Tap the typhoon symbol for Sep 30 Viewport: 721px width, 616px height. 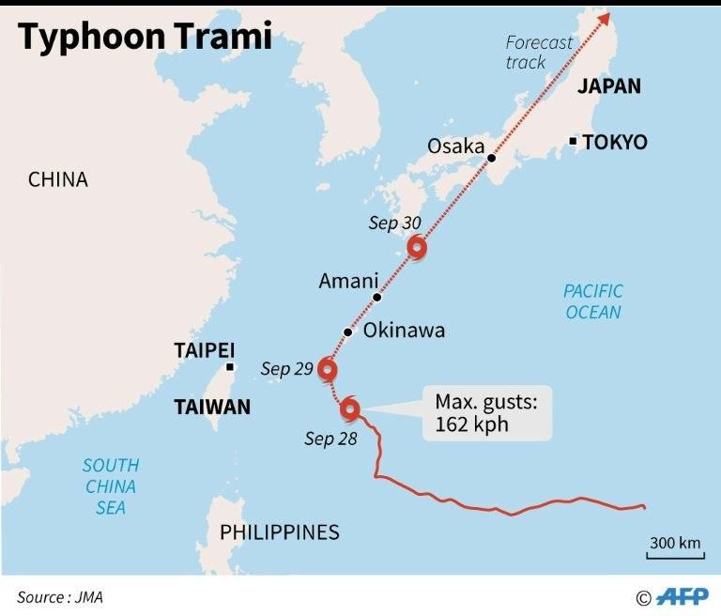418,248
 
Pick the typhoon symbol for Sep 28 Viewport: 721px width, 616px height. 349,408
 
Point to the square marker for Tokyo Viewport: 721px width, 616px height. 573,142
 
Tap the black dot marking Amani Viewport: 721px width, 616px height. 376,298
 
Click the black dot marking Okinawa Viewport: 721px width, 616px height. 347,332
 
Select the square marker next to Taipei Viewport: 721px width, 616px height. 230,367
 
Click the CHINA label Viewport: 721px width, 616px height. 57,179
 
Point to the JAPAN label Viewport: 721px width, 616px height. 608,86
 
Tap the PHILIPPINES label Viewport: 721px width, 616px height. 279,532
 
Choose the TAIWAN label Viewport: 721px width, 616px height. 212,407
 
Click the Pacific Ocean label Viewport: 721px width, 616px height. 593,301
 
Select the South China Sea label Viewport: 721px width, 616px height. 110,486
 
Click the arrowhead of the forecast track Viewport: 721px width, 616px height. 605,16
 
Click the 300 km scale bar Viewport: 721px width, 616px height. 675,548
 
